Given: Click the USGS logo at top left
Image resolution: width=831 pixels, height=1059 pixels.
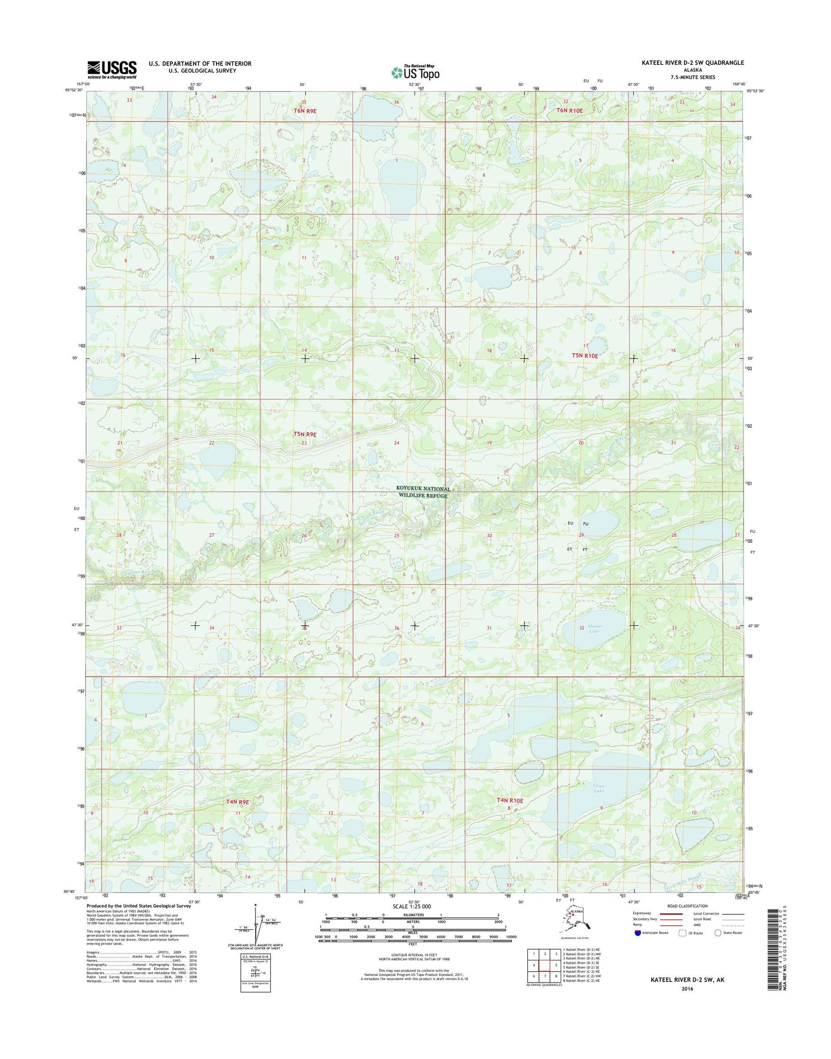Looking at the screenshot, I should [111, 68].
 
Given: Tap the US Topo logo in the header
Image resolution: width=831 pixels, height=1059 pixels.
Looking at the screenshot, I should [416, 72].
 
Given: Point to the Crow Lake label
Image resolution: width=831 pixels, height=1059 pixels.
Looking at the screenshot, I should [599, 788].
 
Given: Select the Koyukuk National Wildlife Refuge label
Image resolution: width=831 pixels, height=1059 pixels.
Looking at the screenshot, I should [423, 492].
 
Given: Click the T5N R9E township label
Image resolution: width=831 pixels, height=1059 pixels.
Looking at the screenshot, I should [305, 435].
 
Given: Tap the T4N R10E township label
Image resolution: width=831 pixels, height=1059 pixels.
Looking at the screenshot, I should [510, 800].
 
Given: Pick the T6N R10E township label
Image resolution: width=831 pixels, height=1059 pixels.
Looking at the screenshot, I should [570, 111].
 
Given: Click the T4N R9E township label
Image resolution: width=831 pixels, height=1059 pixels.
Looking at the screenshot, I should [238, 801].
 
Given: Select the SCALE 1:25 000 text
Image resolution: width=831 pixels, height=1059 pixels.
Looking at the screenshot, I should [412, 907].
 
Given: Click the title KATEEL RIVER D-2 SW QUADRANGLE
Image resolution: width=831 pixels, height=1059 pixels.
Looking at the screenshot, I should [693, 63].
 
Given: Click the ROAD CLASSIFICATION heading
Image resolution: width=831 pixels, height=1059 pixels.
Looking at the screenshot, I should [688, 906].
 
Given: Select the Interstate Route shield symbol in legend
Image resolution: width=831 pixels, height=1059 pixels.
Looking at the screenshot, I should [638, 933].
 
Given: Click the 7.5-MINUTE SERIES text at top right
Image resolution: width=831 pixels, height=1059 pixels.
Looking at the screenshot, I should [693, 78].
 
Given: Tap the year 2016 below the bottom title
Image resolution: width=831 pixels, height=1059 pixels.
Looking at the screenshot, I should [688, 989].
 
